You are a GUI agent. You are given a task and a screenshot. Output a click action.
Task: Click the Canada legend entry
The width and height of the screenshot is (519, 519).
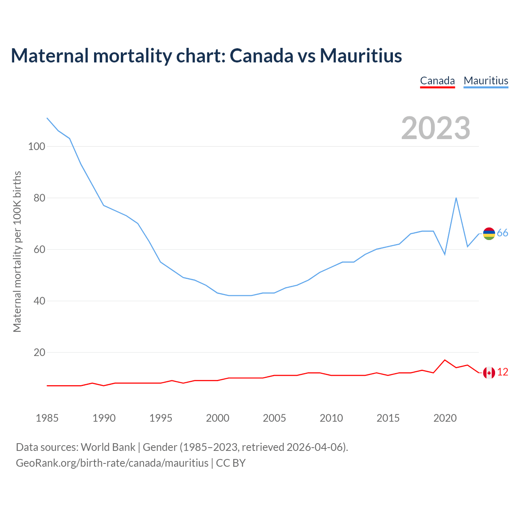[x=437, y=81]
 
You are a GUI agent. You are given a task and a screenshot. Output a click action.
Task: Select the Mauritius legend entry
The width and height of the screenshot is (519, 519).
[x=486, y=81]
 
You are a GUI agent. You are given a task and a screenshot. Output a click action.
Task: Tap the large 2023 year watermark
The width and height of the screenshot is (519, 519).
[x=435, y=128]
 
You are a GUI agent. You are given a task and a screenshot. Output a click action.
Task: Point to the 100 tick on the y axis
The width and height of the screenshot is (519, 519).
[x=36, y=146]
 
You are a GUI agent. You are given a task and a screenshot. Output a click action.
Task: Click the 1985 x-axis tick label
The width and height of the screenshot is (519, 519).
[x=47, y=418]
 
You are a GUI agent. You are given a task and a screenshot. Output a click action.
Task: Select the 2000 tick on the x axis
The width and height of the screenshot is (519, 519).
[x=218, y=418]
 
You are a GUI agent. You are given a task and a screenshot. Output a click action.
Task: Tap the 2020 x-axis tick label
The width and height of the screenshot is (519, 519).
[x=445, y=418]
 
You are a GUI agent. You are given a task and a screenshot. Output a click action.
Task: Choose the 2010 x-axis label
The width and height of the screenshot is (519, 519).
[x=331, y=418]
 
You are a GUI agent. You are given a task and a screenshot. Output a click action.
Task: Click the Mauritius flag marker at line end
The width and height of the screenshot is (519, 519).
[x=489, y=234]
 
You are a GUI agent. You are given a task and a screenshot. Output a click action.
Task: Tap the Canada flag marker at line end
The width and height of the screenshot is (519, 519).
[x=489, y=373]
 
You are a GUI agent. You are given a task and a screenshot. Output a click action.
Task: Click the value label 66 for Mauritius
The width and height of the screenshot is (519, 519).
[x=502, y=233]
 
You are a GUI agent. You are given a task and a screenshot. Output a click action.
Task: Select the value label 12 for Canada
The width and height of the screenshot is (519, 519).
[x=502, y=372]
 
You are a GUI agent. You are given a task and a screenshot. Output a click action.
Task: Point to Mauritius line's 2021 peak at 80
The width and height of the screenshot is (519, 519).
[x=456, y=198]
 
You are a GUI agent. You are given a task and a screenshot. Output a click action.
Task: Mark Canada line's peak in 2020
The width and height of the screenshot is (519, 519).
[x=445, y=360]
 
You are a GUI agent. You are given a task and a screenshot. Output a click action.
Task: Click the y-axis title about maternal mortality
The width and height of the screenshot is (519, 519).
[x=17, y=251]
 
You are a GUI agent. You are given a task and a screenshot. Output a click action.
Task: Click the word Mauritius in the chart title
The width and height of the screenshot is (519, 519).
[x=361, y=56]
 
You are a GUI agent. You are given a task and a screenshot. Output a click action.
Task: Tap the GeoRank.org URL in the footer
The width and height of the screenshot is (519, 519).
[x=112, y=463]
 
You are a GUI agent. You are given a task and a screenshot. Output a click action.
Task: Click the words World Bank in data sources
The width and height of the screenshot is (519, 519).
[x=108, y=447]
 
